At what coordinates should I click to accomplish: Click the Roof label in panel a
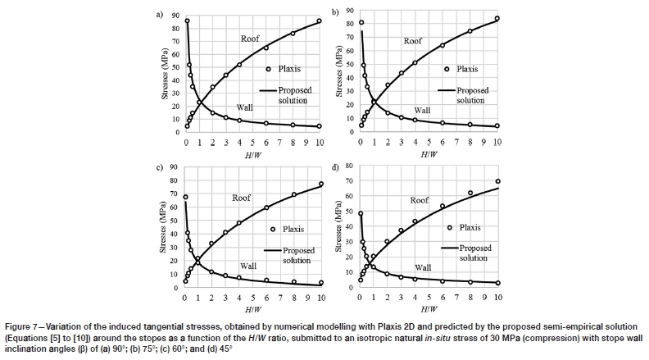[250, 39]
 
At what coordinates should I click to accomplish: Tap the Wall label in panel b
[422, 110]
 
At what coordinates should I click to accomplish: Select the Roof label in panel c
[241, 198]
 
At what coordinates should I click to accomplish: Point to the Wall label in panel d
[423, 267]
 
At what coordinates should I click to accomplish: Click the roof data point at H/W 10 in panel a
[320, 21]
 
